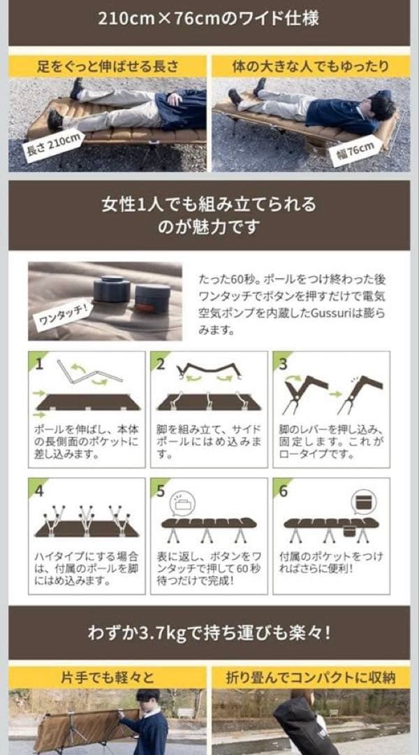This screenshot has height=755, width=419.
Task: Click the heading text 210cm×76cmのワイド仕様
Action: (209, 18)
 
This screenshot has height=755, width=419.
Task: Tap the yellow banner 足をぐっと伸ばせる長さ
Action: (108, 66)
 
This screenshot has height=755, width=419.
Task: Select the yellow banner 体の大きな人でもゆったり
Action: (311, 66)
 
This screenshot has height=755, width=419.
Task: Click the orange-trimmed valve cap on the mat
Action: (152, 298)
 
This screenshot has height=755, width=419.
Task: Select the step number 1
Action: (40, 364)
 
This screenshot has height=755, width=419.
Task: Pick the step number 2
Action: (161, 364)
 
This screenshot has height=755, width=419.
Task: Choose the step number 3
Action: (283, 364)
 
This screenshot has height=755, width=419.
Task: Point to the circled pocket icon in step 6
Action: (363, 502)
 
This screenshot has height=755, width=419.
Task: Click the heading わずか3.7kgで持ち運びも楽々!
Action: (209, 633)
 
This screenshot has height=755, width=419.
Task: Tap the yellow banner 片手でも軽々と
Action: (108, 677)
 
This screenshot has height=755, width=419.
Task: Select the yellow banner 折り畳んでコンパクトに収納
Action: (311, 677)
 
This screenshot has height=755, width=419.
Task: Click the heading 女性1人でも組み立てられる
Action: (209, 205)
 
